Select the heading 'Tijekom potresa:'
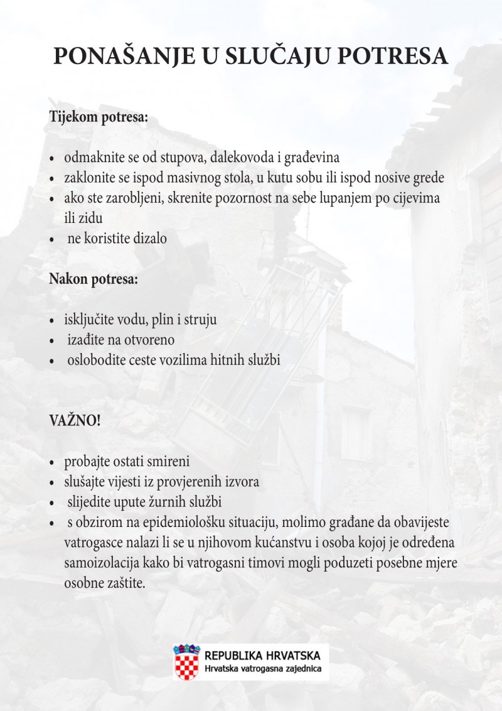[x=99, y=117]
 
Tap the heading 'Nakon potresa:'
[x=93, y=280]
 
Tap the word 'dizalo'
[x=149, y=238]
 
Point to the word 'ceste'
[x=150, y=360]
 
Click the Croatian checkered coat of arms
[x=186, y=663]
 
